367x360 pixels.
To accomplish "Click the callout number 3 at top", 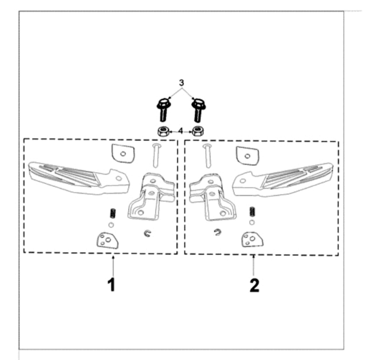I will pos(181,83).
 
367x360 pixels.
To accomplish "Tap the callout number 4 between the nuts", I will pos(180,132).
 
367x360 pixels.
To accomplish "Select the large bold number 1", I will pos(111,285).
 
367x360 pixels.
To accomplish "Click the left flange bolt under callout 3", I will pos(163,110).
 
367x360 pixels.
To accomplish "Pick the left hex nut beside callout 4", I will pos(163,132).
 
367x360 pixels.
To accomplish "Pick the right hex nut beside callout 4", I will pos(198,132).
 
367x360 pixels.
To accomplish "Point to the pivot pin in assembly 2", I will pos(206,155).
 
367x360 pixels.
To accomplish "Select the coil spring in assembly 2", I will pos(252,212).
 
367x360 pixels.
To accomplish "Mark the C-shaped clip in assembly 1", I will pos(147,234).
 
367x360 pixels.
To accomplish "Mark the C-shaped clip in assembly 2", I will pos(216,233).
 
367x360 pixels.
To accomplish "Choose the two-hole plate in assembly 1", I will pos(107,240).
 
